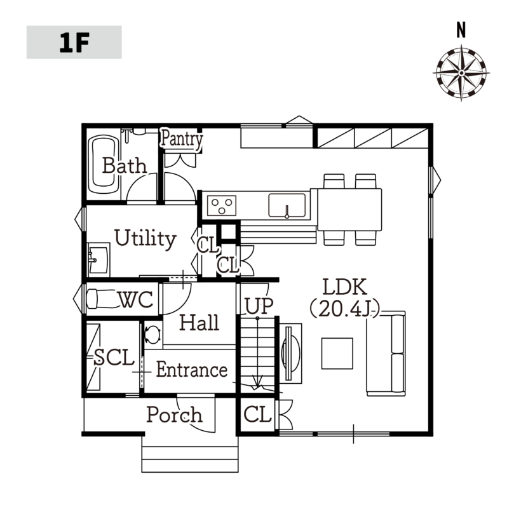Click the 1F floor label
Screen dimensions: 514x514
(74, 43)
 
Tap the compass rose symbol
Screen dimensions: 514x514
(461, 73)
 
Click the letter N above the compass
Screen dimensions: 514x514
(461, 30)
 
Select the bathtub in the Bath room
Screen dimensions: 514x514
(105, 166)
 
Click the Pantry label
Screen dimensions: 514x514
(182, 139)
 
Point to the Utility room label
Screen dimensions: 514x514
(145, 238)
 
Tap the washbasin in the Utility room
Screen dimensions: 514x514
(98, 260)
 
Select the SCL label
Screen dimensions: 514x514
(114, 357)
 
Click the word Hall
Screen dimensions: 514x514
(200, 322)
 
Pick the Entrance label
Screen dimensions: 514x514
(192, 369)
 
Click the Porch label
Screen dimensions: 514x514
(174, 415)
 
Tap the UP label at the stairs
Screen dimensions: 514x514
(259, 306)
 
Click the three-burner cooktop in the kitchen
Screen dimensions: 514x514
(222, 205)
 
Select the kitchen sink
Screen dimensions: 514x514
(287, 205)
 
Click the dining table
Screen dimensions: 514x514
(349, 210)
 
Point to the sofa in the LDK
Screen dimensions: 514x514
(386, 353)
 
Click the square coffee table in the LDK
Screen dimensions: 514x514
(337, 354)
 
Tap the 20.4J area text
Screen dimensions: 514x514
(345, 309)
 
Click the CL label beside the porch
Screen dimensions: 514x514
(258, 414)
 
